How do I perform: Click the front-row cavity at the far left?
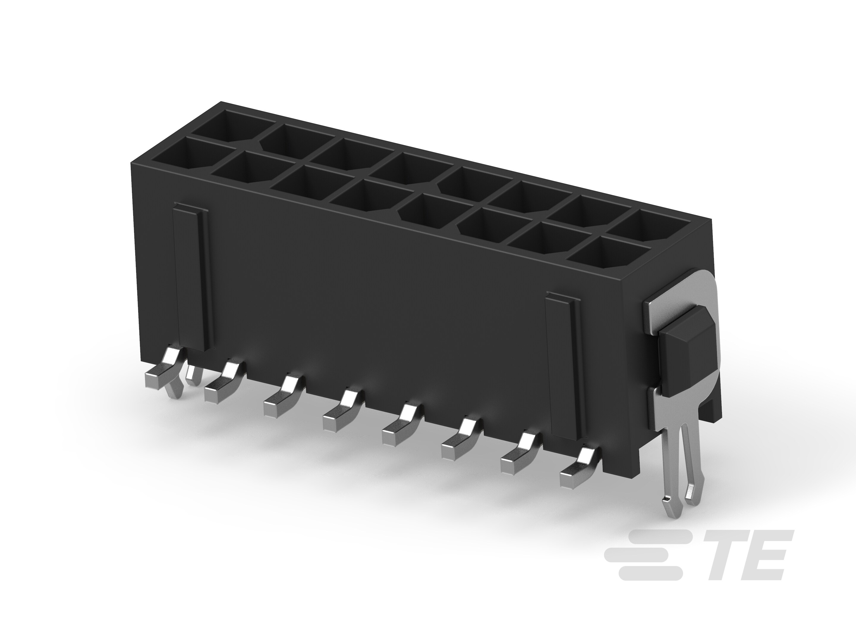(x=181, y=156)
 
